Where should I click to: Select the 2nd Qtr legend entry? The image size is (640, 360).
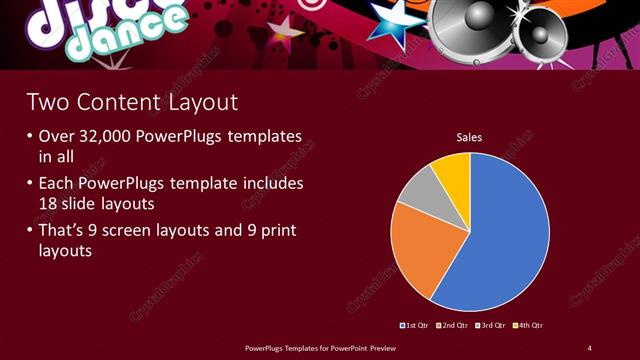tap(455, 325)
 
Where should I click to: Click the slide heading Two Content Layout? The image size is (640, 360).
tap(132, 102)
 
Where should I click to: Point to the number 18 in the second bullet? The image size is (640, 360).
tap(50, 203)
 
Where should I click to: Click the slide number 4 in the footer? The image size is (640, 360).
tap(589, 347)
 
